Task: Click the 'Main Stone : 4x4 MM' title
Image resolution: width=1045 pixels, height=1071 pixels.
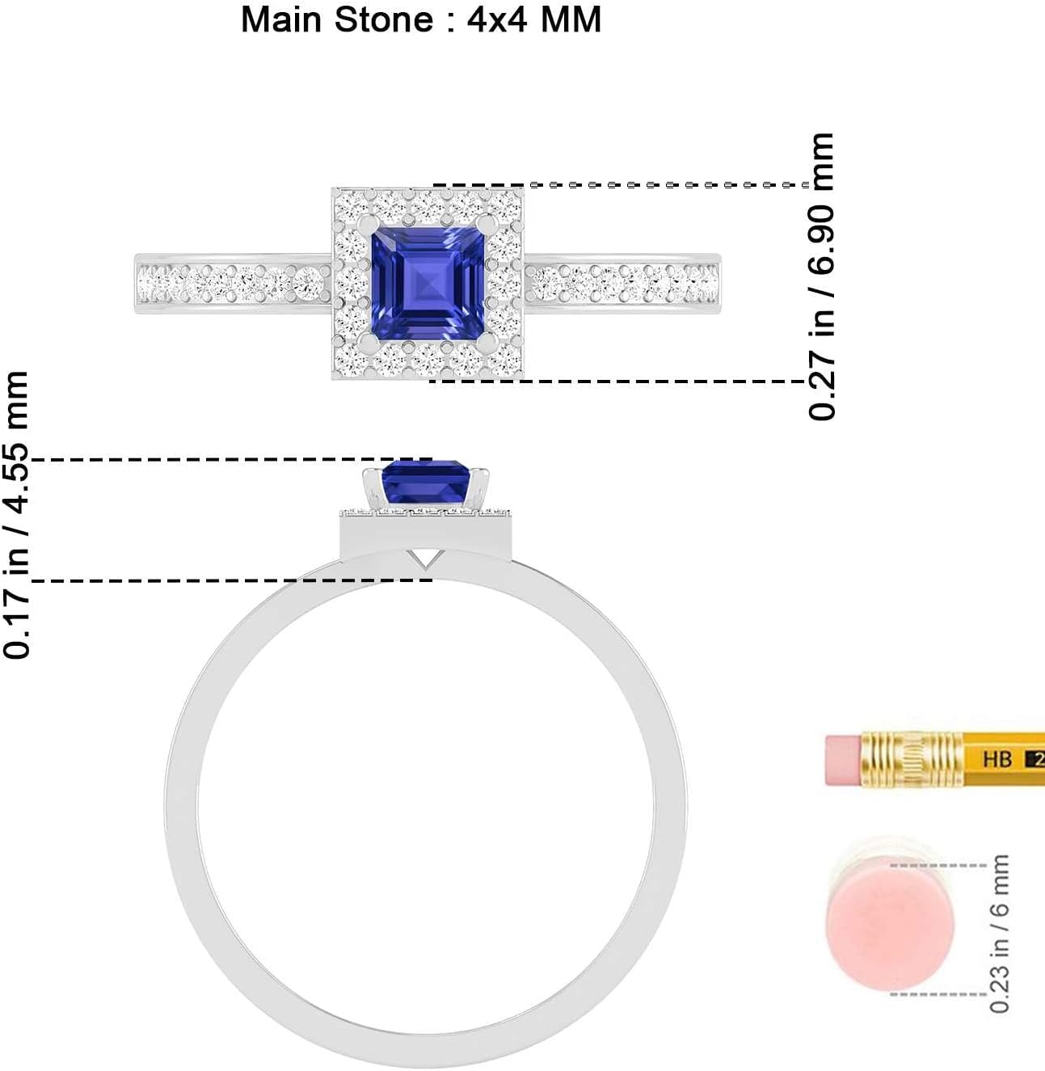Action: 421,19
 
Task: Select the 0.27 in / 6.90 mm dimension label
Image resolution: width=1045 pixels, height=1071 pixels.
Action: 821,276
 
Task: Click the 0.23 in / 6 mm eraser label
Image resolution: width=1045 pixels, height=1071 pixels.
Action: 1000,933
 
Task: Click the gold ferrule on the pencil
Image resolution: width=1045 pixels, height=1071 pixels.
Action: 912,759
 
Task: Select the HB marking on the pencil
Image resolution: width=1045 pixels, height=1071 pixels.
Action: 997,759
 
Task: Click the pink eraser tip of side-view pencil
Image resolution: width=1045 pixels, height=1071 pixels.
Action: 843,759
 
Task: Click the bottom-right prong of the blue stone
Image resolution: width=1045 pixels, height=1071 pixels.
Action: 486,343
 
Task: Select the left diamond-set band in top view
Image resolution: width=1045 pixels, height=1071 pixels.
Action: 233,283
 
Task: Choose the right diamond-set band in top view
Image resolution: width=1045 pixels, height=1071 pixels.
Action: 622,283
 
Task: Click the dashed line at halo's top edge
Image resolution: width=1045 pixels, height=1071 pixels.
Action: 622,185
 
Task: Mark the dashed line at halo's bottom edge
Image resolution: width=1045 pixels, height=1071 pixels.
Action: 614,381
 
